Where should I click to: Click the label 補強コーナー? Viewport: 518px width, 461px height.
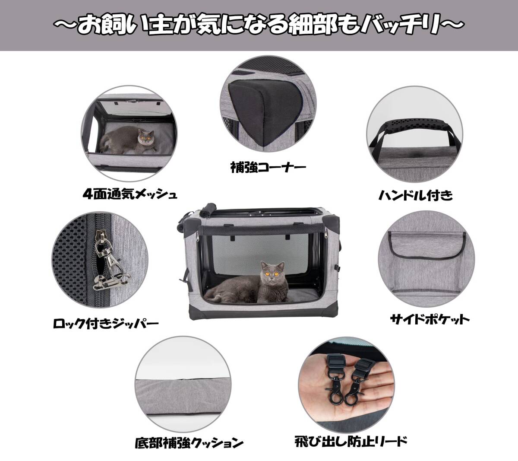[x=268, y=167]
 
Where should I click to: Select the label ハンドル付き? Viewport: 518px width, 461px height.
[x=416, y=196]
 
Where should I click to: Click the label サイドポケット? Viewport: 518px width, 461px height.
[x=430, y=320]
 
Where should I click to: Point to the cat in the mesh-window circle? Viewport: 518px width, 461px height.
[x=129, y=140]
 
